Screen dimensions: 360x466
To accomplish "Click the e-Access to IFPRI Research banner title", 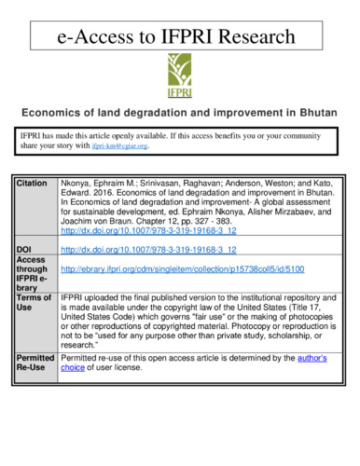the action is point(178,38).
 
